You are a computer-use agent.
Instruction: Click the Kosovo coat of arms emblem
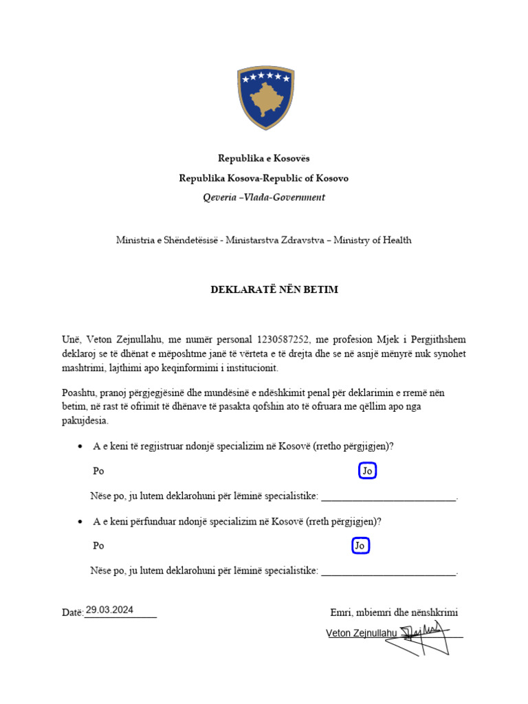point(265,98)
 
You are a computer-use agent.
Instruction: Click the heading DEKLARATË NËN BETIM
point(274,289)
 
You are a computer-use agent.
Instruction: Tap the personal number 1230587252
point(284,340)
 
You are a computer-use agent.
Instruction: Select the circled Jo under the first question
point(368,471)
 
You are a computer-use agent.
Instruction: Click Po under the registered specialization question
point(98,472)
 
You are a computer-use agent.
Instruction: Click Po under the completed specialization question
point(98,546)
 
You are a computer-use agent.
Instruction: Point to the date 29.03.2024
point(109,610)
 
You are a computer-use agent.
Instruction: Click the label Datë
point(72,612)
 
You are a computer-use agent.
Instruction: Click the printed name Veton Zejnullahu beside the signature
point(362,633)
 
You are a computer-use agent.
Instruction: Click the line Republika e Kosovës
point(264,159)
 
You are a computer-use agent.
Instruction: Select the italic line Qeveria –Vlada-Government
point(264,197)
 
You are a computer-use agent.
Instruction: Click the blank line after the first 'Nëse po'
point(388,498)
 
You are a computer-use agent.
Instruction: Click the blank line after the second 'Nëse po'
point(388,573)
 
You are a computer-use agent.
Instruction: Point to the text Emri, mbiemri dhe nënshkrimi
point(394,613)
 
